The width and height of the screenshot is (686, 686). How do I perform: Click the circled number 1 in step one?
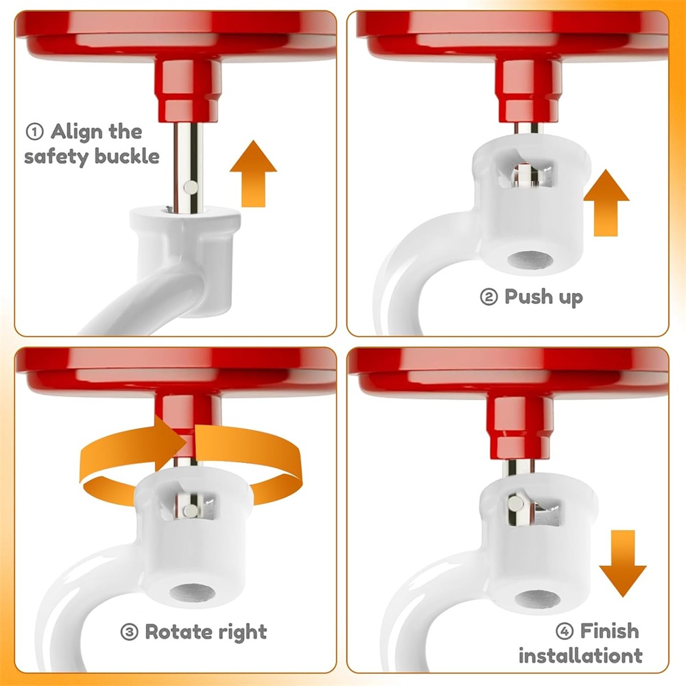point(35,132)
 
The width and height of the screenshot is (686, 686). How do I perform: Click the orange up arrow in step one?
point(253,174)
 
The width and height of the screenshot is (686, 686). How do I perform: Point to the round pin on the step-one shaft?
point(191,188)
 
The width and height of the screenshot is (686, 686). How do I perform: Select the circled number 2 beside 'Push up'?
point(488,297)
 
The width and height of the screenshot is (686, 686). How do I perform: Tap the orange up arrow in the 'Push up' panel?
point(606,203)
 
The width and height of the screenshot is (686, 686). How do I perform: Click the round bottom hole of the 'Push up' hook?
point(530,260)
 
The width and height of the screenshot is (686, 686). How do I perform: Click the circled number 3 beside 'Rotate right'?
point(129,632)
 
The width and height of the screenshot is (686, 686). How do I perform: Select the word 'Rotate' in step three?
point(178,632)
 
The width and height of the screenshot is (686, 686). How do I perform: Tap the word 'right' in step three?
point(243,632)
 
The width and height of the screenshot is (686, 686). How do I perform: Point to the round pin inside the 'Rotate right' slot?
point(191,510)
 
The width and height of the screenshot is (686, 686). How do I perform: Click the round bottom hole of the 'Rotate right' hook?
point(193,593)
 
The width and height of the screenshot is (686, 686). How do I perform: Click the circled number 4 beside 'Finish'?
point(565,631)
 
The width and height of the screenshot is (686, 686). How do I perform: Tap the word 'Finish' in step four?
point(609,631)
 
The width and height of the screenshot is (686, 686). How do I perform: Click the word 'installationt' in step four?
point(580,656)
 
